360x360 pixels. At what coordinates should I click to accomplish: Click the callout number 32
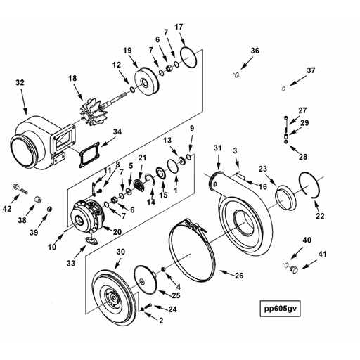(x=19, y=83)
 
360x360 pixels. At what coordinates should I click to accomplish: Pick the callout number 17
(x=179, y=27)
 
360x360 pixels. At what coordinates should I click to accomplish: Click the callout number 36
(x=255, y=51)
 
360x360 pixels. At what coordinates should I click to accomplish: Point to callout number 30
(x=120, y=252)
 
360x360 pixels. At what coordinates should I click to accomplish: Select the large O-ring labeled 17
(x=188, y=56)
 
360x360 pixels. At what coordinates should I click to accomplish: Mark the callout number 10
(x=52, y=247)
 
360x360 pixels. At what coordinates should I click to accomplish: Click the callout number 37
(x=311, y=70)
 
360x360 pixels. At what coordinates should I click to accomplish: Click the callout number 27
(x=302, y=110)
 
